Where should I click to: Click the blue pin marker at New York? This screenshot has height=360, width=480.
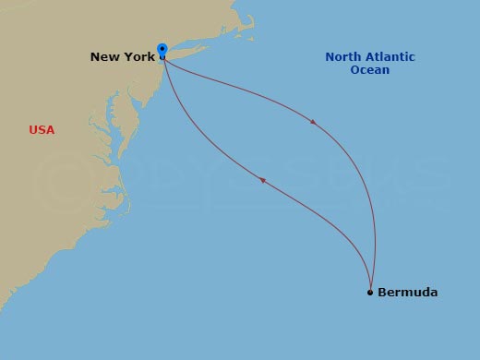click(162, 50)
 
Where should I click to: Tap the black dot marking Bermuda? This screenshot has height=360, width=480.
click(370, 293)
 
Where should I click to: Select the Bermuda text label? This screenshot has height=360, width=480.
click(407, 293)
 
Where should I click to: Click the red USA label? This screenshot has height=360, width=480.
click(42, 130)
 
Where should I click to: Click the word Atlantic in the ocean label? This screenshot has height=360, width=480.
click(390, 57)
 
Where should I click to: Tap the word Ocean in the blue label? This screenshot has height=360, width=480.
click(370, 70)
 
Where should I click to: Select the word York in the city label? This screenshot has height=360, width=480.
click(136, 57)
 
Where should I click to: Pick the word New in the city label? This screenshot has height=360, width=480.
click(103, 57)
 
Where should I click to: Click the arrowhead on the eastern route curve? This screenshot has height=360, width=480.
click(316, 122)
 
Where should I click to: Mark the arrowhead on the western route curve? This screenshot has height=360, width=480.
click(263, 180)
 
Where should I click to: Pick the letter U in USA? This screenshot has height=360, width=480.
click(33, 130)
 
